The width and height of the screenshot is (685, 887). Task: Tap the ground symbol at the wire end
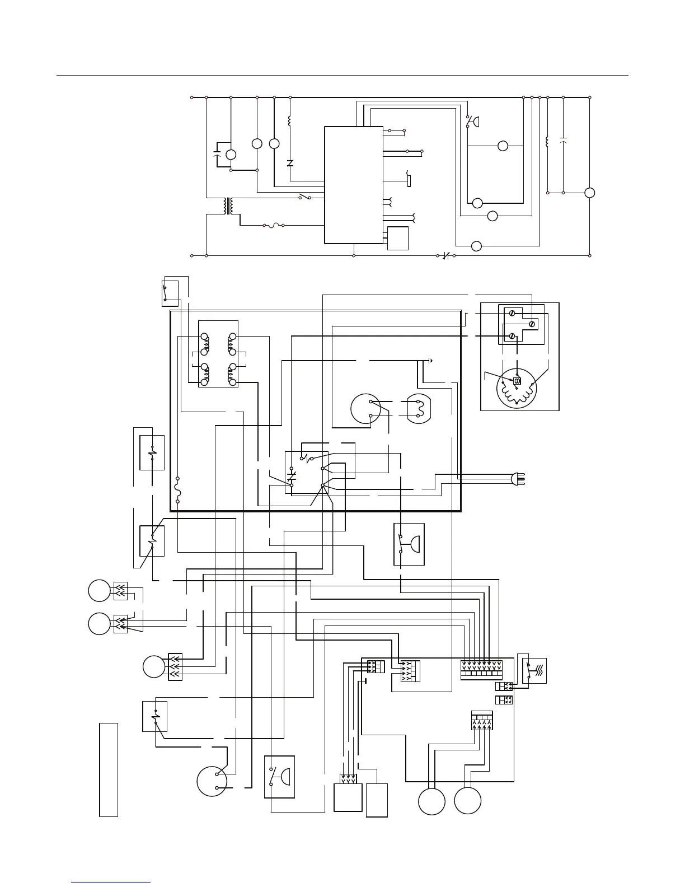coord(430,361)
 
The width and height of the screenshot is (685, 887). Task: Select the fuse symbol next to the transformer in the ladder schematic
coord(274,225)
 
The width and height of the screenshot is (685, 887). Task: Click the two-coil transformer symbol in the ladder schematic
coord(228,206)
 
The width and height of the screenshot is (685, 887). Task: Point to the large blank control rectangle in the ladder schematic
coord(354,185)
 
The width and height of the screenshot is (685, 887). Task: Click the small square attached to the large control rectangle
coord(397,238)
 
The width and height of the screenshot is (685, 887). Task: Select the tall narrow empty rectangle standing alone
coord(109,769)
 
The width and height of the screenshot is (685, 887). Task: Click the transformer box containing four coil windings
coord(218,354)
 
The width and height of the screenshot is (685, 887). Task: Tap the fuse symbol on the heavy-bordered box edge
coord(177,490)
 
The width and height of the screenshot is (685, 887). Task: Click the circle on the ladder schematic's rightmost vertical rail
coord(589,193)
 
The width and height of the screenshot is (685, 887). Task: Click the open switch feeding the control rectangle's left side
coord(305,197)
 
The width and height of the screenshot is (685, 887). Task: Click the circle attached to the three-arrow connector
coord(154,666)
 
